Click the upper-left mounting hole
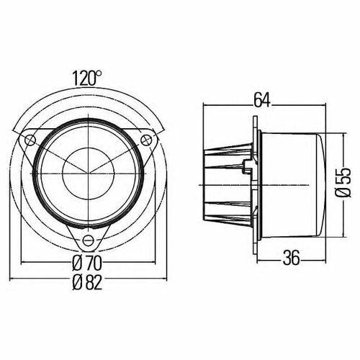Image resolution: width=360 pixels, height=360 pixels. tap(30, 139)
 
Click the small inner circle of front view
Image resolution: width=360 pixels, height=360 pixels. tap(88, 172)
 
